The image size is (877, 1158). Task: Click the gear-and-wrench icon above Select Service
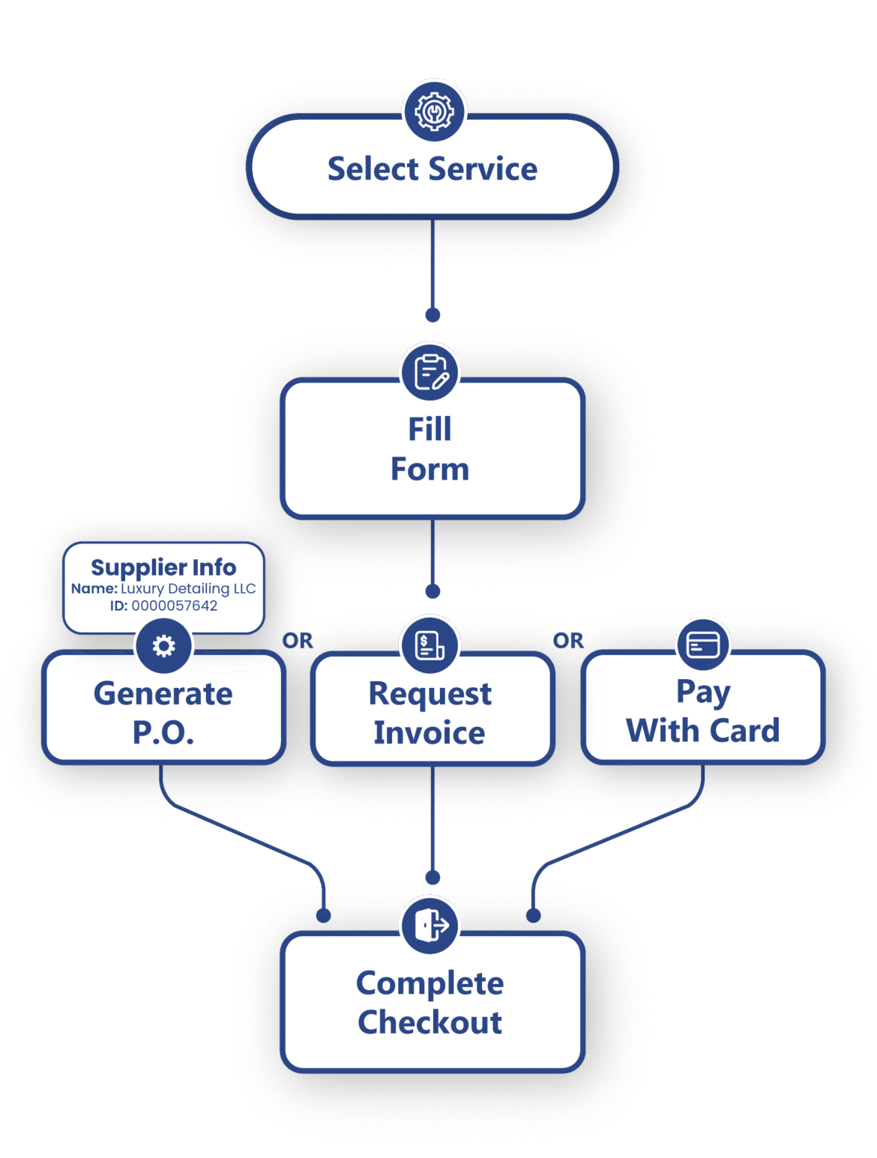click(x=434, y=111)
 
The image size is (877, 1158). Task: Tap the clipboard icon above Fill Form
click(x=430, y=372)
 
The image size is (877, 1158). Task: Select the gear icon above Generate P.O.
click(x=163, y=645)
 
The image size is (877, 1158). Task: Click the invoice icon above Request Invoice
click(x=430, y=645)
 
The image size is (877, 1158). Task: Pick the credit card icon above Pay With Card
click(x=702, y=645)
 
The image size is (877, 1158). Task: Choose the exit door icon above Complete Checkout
click(x=430, y=924)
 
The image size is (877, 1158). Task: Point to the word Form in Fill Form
click(x=430, y=469)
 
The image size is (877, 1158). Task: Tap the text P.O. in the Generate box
click(x=163, y=732)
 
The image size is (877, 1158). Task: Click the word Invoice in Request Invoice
click(x=430, y=732)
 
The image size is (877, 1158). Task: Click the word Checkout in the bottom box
click(x=430, y=1022)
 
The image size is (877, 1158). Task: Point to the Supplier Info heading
click(x=163, y=567)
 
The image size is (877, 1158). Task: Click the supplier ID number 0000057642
click(x=175, y=606)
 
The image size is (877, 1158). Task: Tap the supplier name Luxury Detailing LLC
click(x=188, y=588)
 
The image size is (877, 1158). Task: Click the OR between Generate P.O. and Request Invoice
click(x=298, y=641)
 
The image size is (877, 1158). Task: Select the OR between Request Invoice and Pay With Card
click(x=568, y=641)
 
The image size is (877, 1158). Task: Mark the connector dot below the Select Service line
click(x=433, y=315)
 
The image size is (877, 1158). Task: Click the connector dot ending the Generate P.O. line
click(x=323, y=915)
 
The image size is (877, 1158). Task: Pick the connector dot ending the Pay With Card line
click(x=533, y=915)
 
